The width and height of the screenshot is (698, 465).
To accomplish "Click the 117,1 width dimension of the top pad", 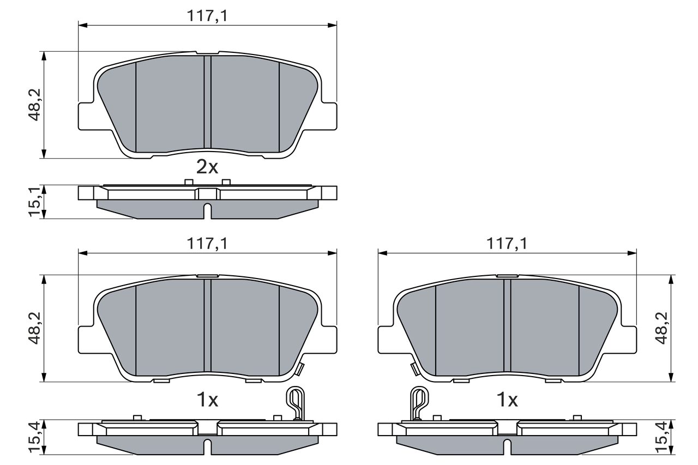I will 207,17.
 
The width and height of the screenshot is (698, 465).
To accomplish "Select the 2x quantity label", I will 207,167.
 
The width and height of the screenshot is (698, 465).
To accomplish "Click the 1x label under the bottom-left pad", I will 207,401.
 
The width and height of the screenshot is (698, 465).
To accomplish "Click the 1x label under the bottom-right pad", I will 507,401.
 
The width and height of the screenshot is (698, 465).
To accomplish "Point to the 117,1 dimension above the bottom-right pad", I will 507,245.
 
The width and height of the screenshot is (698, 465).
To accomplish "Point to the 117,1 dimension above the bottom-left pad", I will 207,245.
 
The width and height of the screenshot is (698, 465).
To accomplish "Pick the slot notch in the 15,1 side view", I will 207,210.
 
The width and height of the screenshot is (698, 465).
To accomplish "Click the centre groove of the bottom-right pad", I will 507,325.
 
